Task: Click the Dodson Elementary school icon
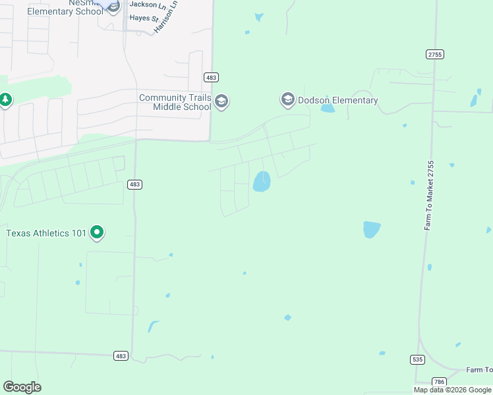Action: tap(287, 100)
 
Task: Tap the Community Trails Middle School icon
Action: tap(221, 101)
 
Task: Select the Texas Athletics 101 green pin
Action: tap(97, 232)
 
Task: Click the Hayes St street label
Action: tap(145, 19)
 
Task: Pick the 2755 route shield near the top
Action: tap(434, 54)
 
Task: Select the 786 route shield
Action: tap(439, 381)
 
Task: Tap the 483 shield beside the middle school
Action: tap(211, 78)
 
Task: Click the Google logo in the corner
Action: tap(22, 386)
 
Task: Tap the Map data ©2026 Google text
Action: tap(453, 390)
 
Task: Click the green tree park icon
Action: tap(5, 100)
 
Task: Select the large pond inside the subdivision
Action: tap(262, 181)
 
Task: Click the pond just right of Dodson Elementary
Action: tap(328, 109)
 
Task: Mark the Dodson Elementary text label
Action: tap(338, 101)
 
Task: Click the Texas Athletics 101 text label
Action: tap(46, 233)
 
